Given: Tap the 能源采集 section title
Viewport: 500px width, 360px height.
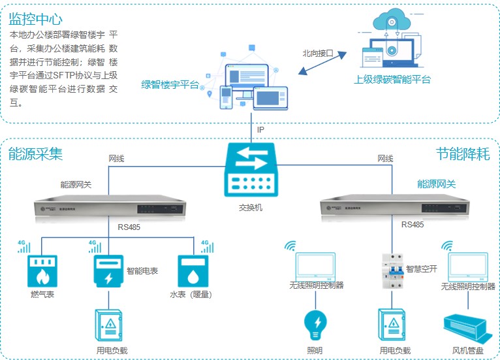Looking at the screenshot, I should (x=35, y=154).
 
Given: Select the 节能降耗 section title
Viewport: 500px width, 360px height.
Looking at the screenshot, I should (x=463, y=154).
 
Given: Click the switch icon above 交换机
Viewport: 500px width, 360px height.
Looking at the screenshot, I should (x=251, y=171).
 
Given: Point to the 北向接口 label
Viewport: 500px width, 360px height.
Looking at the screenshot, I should (x=318, y=54).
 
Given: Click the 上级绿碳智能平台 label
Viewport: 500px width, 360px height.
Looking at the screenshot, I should (x=393, y=80).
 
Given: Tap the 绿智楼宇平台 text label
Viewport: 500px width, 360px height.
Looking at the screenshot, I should (x=170, y=84).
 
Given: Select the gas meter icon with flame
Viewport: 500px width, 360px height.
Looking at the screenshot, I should (x=42, y=271).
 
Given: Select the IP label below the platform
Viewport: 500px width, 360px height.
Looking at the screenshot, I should (x=260, y=130).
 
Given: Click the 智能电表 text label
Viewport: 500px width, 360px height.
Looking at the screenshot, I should (x=142, y=270).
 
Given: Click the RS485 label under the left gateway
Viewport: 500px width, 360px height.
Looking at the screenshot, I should (x=129, y=227).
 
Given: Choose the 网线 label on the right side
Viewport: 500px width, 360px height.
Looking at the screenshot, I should (x=385, y=159).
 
